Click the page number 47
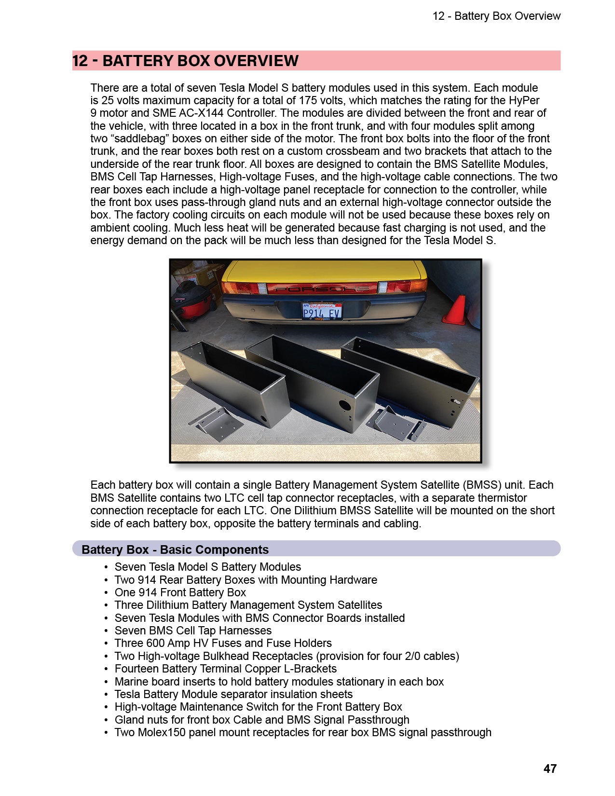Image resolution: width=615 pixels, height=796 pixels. pyautogui.click(x=550, y=769)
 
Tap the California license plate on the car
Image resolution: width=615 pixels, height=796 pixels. pyautogui.click(x=322, y=311)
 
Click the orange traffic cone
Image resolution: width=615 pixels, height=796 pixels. pyautogui.click(x=455, y=310)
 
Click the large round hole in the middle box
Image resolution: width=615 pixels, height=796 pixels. pyautogui.click(x=344, y=405)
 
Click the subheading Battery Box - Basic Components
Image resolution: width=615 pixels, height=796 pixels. pyautogui.click(x=175, y=549)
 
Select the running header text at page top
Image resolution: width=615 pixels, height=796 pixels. pyautogui.click(x=496, y=16)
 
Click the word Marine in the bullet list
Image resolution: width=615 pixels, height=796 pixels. pyautogui.click(x=130, y=682)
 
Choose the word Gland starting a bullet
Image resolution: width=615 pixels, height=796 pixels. pyautogui.click(x=128, y=720)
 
